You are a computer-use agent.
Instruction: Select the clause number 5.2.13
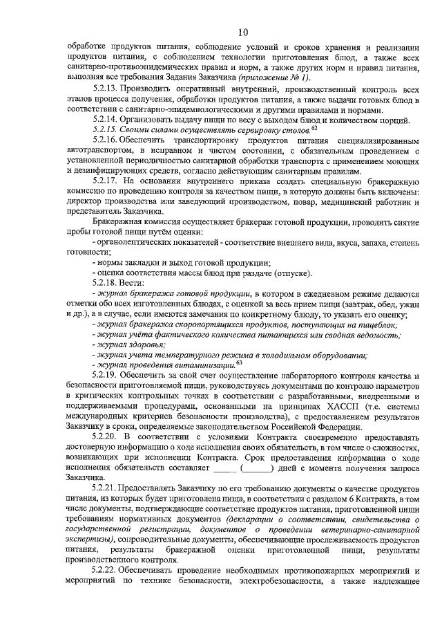106,90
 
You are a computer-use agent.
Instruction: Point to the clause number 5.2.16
106,140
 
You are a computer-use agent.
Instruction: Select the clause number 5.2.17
106,180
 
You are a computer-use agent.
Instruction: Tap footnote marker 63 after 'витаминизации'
239,362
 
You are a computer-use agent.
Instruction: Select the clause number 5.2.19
106,374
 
